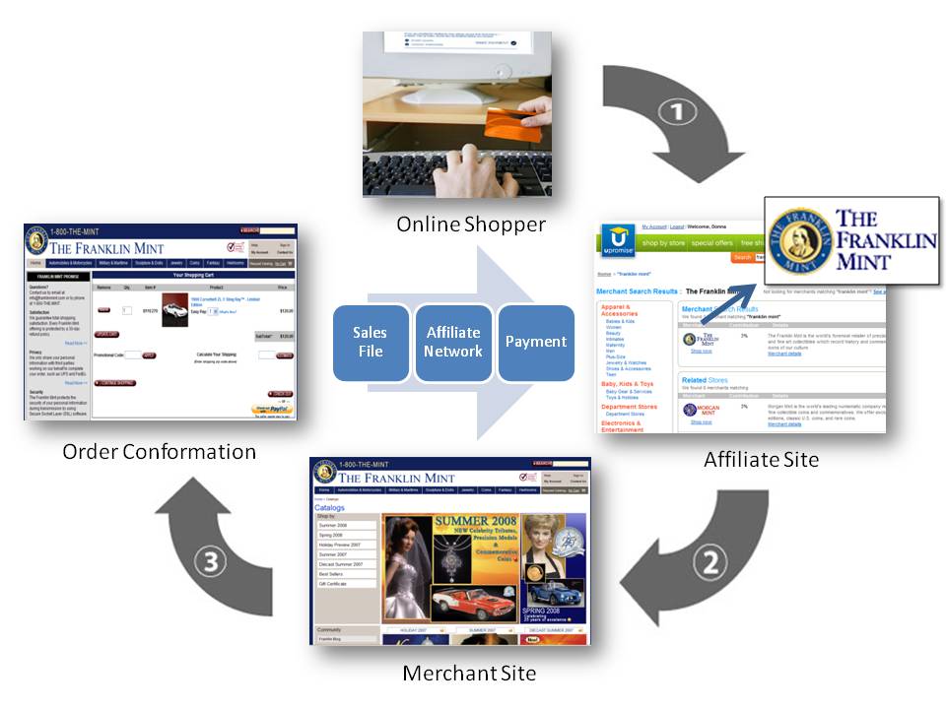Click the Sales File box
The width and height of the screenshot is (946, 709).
tap(371, 342)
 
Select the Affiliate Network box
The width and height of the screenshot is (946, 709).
tap(453, 342)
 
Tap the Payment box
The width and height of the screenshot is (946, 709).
tap(536, 342)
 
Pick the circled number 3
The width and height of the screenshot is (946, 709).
tap(216, 563)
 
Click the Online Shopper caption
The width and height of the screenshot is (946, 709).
tap(470, 225)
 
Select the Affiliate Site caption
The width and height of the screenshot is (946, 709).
tap(761, 459)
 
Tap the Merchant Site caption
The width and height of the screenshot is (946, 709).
tap(469, 674)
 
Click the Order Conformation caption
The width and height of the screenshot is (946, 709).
tap(159, 452)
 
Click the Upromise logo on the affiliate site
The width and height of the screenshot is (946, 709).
tap(618, 242)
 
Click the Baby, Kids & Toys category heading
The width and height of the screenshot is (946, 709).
tap(627, 383)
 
